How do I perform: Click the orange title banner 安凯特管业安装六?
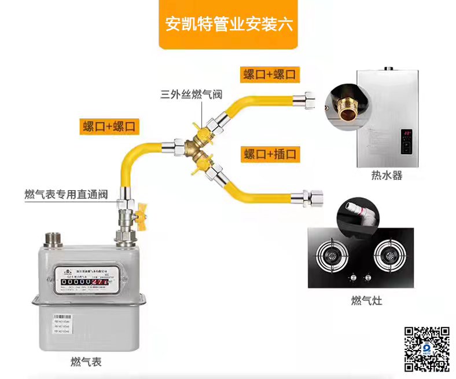coord(228,25)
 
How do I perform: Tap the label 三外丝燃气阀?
coord(192,95)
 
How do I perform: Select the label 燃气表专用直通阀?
coord(67,194)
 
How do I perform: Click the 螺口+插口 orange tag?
coord(270,154)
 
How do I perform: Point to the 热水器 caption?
coord(387,175)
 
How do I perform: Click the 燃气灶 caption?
coord(366,301)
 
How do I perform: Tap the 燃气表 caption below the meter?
coord(86,362)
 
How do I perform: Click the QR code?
coord(426,349)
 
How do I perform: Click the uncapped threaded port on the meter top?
coord(55,239)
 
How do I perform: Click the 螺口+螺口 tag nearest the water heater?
coord(270,74)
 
